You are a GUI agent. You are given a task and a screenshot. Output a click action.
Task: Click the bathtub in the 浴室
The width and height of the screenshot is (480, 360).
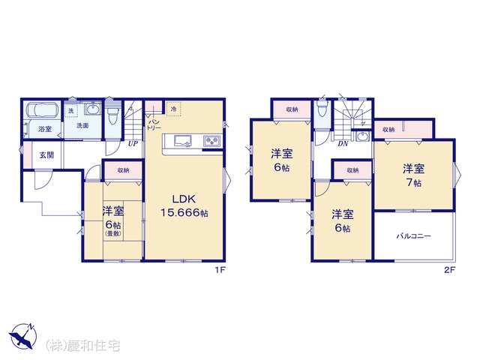pos(43,110)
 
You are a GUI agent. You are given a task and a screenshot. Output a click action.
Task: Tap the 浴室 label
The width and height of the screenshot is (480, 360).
pos(45,129)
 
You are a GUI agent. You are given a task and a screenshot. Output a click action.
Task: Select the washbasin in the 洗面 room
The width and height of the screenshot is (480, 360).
pos(92,109)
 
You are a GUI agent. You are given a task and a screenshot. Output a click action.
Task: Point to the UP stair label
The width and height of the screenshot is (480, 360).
pos(133,143)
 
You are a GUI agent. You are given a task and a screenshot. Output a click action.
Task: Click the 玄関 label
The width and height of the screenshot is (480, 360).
pos(46,155)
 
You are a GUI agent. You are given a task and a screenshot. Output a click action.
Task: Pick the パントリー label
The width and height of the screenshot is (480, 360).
pos(153,124)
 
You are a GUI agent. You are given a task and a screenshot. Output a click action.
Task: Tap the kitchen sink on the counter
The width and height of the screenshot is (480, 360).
pos(183,141)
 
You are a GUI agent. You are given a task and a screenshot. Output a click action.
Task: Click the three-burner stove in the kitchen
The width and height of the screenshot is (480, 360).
pos(211,141)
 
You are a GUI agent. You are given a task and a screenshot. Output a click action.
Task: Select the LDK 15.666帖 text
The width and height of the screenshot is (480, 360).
pos(184,205)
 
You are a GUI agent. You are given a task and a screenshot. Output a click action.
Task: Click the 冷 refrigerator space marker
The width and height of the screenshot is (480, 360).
pos(173,109)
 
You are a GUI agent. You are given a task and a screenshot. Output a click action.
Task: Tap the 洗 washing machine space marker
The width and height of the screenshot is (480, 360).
pos(71,110)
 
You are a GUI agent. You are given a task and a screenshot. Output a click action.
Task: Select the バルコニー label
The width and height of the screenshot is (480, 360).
pos(414,236)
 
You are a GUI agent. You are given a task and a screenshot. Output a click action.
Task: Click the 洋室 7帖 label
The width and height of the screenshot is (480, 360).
pos(413,175)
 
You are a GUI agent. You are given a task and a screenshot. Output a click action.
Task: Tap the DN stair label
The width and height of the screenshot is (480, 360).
pos(343,143)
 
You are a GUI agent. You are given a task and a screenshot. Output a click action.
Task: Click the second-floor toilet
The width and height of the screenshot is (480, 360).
pos(322,109)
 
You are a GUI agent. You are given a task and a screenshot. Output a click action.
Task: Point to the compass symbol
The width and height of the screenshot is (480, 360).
pos(22,336)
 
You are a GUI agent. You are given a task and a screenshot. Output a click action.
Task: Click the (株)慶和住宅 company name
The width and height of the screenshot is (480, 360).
pos(83,346)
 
